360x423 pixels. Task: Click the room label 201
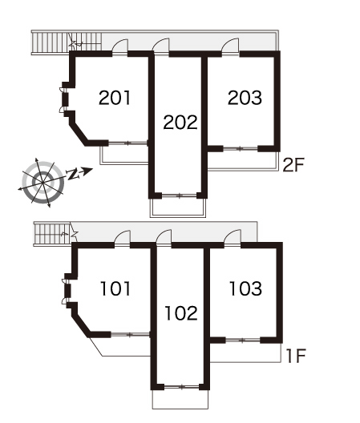tap(115, 98)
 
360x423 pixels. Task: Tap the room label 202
tap(180, 123)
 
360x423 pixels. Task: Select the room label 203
tap(245, 98)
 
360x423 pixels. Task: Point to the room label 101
tap(115, 288)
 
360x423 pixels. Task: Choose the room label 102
tap(181, 313)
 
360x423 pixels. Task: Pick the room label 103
tap(245, 288)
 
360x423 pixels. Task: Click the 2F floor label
tap(293, 165)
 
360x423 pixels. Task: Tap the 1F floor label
tap(296, 356)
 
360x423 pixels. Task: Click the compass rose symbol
tap(42, 183)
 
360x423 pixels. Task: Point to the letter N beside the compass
tap(73, 175)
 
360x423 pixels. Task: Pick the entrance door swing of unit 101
tap(123, 237)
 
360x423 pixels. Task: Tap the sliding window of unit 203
tap(241, 148)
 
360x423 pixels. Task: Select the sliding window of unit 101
tap(130, 335)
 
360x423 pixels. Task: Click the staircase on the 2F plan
tap(67, 42)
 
